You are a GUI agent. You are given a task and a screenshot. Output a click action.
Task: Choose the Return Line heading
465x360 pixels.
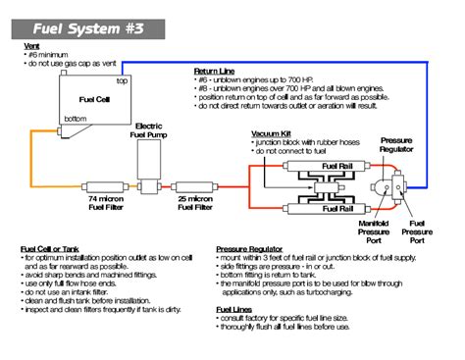215,71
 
